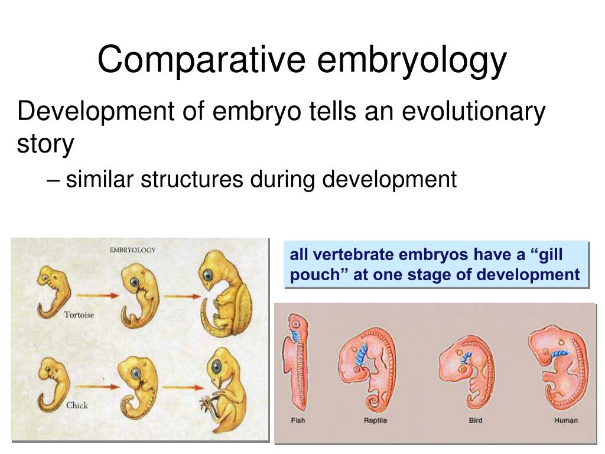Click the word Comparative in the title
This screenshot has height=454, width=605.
point(201,59)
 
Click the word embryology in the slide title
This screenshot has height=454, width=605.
point(412,59)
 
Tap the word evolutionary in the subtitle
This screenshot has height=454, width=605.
point(474,112)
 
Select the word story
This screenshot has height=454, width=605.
point(45,144)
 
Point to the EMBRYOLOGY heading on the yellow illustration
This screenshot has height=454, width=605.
point(133,250)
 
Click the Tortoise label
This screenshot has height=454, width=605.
point(79,314)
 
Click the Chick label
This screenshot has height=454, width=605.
point(77,405)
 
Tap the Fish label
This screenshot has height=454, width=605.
point(298,420)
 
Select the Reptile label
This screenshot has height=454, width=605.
point(375,420)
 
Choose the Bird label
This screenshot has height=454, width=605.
point(476,420)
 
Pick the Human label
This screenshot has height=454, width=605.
point(565,420)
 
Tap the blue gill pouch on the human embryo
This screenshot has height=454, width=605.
point(560,354)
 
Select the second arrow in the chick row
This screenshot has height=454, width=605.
point(183,387)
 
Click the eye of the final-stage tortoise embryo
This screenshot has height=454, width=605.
point(209,275)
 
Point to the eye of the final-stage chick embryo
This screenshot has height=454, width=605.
point(217,365)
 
